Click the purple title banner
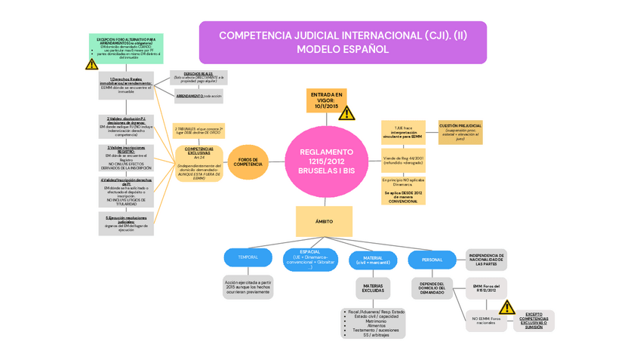tap(343, 42)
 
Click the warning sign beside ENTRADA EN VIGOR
tap(346, 113)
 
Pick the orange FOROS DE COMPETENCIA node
tap(248, 162)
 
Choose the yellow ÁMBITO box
tap(323, 221)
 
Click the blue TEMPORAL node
tap(248, 257)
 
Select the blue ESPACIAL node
tap(309, 259)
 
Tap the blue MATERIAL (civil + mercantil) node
tap(372, 260)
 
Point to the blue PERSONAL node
tap(432, 260)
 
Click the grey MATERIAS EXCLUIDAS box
tap(372, 288)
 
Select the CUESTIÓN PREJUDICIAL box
tap(460, 132)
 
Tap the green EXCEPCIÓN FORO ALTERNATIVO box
tap(126, 48)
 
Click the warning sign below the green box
tap(92, 65)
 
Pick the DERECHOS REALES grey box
tap(198, 77)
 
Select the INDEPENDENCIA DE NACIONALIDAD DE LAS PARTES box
tap(486, 260)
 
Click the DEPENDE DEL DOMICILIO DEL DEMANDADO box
tap(432, 288)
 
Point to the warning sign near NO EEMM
tap(506, 307)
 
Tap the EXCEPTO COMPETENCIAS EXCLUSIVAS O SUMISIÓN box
tap(534, 320)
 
